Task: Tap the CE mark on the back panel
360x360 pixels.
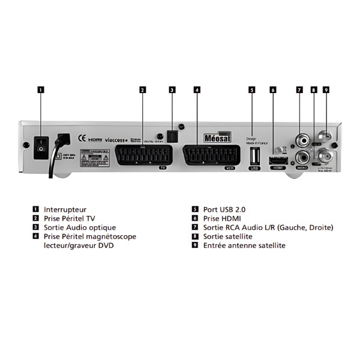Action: point(83,139)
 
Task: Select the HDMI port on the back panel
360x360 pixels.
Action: point(277,160)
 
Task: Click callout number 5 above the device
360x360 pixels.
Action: point(253,90)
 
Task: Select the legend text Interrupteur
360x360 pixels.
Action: point(65,209)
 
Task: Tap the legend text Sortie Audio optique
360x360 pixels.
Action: point(80,227)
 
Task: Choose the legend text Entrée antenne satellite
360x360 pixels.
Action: point(244,245)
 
